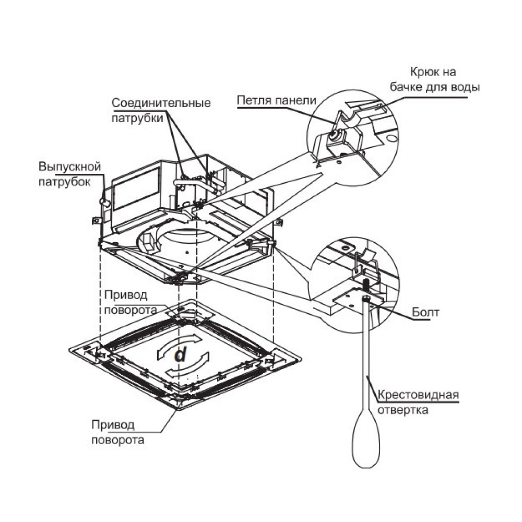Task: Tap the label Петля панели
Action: (276, 100)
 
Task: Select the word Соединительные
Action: (161, 103)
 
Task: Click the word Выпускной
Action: (69, 168)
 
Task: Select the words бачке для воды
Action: (435, 87)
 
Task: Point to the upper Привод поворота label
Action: (130, 302)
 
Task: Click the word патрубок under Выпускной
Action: (65, 182)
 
